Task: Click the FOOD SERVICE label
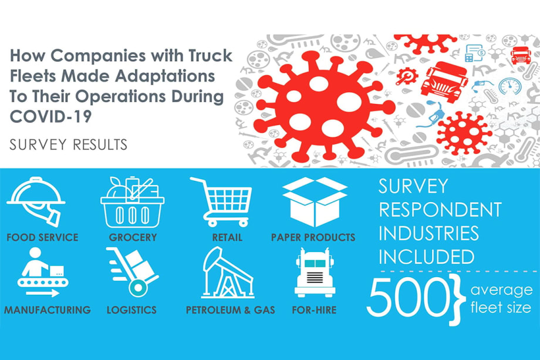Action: [x=42, y=238]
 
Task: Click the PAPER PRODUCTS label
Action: [x=313, y=238]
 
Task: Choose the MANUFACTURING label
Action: [x=48, y=309]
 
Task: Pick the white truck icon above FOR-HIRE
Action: [x=315, y=272]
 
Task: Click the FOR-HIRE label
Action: [x=315, y=309]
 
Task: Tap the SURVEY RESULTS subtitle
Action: [x=69, y=144]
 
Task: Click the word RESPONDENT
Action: [x=440, y=210]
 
